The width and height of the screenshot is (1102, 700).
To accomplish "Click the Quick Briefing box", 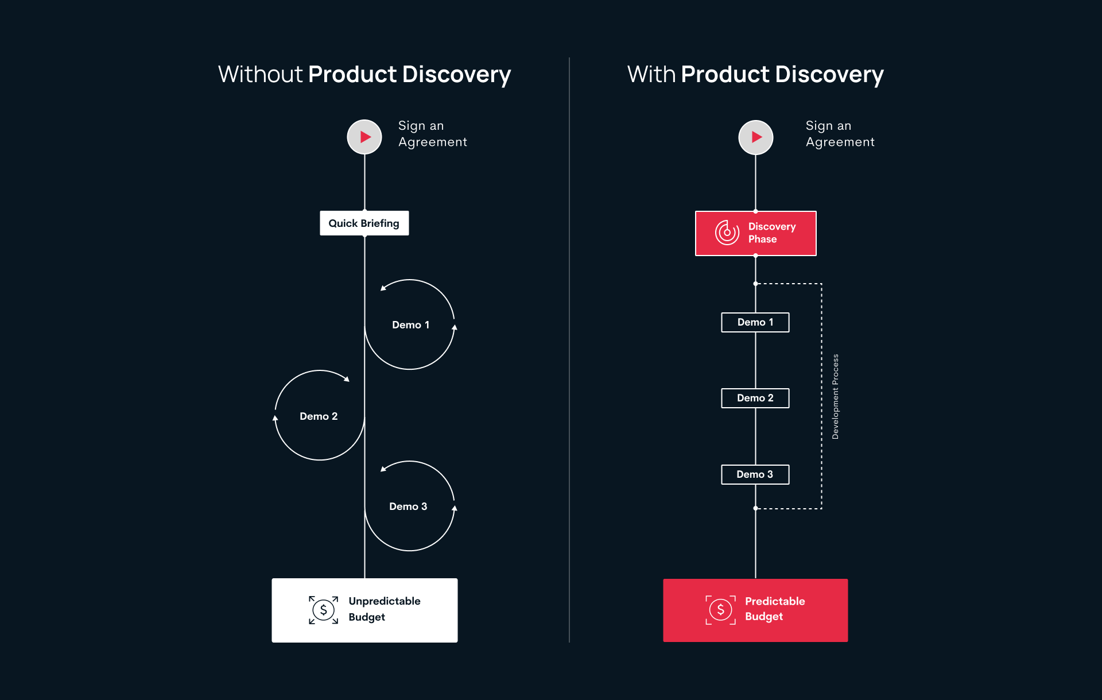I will pyautogui.click(x=364, y=223).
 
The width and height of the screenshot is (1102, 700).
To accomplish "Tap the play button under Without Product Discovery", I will pyautogui.click(x=364, y=137).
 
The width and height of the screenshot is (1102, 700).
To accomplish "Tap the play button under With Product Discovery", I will pyautogui.click(x=755, y=137).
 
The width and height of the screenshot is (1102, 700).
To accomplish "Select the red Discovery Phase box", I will pyautogui.click(x=755, y=233).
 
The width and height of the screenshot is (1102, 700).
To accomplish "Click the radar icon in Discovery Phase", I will pyautogui.click(x=727, y=233).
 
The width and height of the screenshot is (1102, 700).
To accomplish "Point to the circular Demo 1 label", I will pyautogui.click(x=410, y=325).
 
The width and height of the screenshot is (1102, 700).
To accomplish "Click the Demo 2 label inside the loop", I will pyautogui.click(x=319, y=416).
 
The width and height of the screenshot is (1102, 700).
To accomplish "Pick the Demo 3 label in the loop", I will pyautogui.click(x=408, y=506).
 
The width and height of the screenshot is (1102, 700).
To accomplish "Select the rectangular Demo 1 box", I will pyautogui.click(x=755, y=322).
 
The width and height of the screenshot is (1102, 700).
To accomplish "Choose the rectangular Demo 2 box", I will pyautogui.click(x=755, y=398).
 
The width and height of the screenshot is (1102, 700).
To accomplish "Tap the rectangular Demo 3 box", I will pyautogui.click(x=755, y=474).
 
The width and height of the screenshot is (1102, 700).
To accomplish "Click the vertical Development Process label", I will pyautogui.click(x=835, y=396).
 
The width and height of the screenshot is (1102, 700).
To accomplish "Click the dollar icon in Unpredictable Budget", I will pyautogui.click(x=323, y=610).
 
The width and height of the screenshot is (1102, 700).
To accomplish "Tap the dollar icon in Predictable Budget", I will pyautogui.click(x=720, y=609).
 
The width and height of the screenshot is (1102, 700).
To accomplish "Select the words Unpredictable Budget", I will pyautogui.click(x=384, y=609).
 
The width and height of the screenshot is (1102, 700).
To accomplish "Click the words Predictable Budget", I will pyautogui.click(x=774, y=609).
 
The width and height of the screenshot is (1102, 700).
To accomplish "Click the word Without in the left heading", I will pyautogui.click(x=260, y=75).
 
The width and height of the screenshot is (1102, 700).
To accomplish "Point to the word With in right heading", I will pyautogui.click(x=651, y=75).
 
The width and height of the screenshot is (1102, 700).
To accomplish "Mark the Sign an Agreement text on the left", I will pyautogui.click(x=432, y=134).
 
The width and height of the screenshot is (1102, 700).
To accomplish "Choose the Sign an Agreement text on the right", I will pyautogui.click(x=840, y=134).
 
